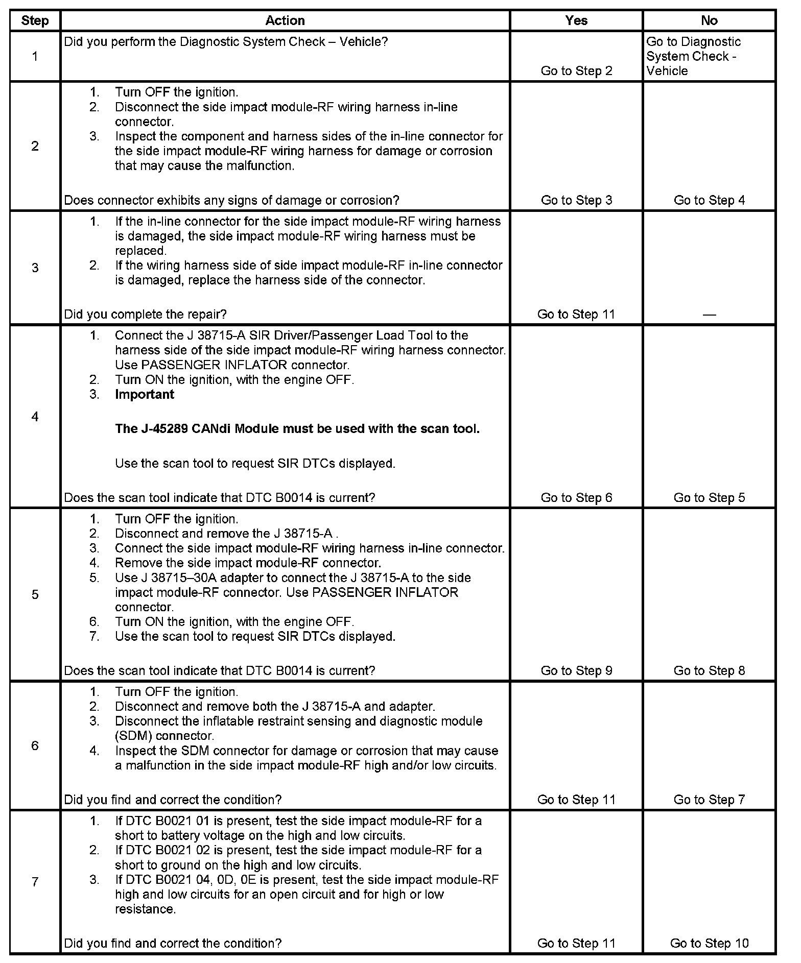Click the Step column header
pyautogui.click(x=35, y=20)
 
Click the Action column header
pyautogui.click(x=285, y=20)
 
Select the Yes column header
pyautogui.click(x=576, y=20)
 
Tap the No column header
pyautogui.click(x=709, y=20)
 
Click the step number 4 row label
pyautogui.click(x=35, y=417)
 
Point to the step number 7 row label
pyautogui.click(x=35, y=882)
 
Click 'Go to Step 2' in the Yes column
pyautogui.click(x=576, y=71)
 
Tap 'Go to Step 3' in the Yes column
pyautogui.click(x=576, y=200)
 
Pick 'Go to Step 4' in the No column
pyautogui.click(x=709, y=200)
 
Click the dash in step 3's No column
pyautogui.click(x=709, y=315)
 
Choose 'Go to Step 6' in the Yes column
pyautogui.click(x=576, y=498)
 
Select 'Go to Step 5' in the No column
pyautogui.click(x=709, y=498)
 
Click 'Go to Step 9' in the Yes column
pyautogui.click(x=576, y=670)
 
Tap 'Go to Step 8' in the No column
pyautogui.click(x=709, y=670)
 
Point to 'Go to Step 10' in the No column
pyautogui.click(x=709, y=943)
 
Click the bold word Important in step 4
pyautogui.click(x=145, y=394)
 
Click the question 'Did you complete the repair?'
pyautogui.click(x=146, y=315)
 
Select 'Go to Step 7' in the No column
pyautogui.click(x=709, y=800)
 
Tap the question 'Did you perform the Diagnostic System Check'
pyautogui.click(x=226, y=42)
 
